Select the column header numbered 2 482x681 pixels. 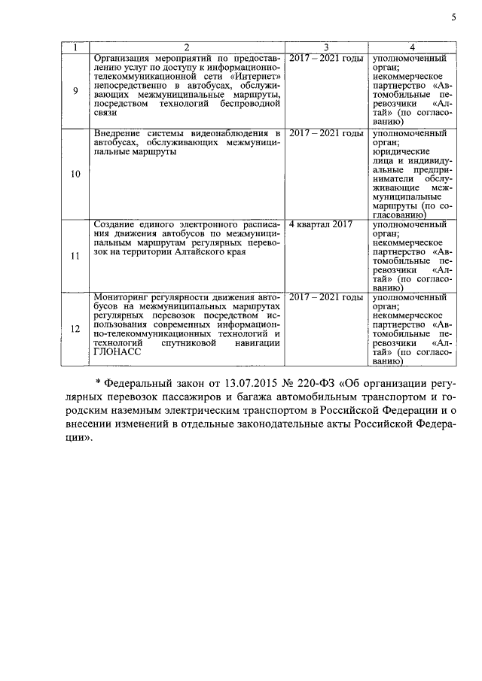point(187,48)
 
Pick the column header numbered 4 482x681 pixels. point(411,48)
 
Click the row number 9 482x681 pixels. point(75,92)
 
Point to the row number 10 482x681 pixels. point(75,175)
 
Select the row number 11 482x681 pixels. point(75,257)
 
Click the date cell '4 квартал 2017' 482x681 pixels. point(321,224)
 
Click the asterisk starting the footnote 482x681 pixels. point(98,382)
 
